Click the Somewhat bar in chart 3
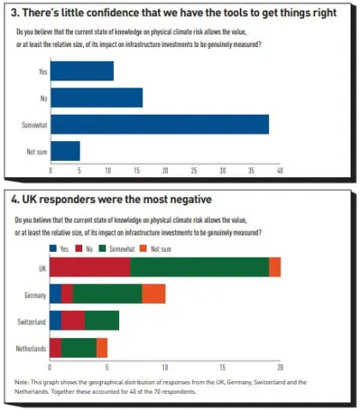[x=159, y=124]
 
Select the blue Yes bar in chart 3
[x=82, y=71]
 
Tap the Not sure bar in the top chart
[x=65, y=151]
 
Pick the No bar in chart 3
[x=97, y=98]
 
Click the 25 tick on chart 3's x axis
[x=194, y=170]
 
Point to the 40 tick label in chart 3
[x=280, y=170]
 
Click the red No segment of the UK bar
[x=90, y=267]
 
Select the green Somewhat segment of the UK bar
[x=200, y=267]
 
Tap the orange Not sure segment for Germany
[x=153, y=294]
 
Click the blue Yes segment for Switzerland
[x=56, y=320]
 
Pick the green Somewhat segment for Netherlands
[x=79, y=348]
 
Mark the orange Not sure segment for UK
[x=275, y=267]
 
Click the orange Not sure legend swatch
[x=143, y=248]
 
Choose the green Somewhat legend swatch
[x=102, y=248]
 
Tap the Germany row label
[x=35, y=295]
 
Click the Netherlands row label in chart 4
[x=31, y=348]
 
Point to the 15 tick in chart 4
[x=223, y=367]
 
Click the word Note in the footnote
[x=21, y=382]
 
